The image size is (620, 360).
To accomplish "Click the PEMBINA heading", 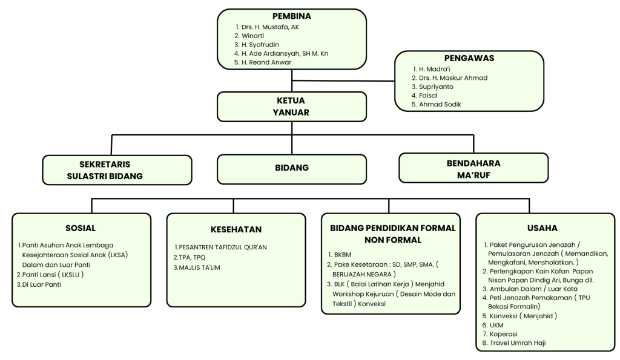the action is pyautogui.click(x=291, y=16).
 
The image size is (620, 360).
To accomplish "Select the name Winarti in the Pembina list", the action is pyautogui.click(x=252, y=36).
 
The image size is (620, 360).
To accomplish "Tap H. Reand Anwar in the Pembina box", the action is pyautogui.click(x=266, y=62).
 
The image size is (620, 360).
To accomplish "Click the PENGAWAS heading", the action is pyautogui.click(x=469, y=58).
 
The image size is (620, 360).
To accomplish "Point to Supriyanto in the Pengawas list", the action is pyautogui.click(x=436, y=87).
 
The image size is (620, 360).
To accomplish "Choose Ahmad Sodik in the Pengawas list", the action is pyautogui.click(x=440, y=104).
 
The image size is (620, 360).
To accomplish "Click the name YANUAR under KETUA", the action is pyautogui.click(x=291, y=112).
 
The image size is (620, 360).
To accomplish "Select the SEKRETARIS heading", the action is pyautogui.click(x=105, y=165).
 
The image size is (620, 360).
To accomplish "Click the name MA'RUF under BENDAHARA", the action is pyautogui.click(x=473, y=175).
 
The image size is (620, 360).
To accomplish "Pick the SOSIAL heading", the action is pyautogui.click(x=81, y=228).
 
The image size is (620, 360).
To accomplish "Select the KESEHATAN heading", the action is pyautogui.click(x=236, y=229).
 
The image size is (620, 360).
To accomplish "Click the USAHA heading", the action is pyautogui.click(x=542, y=228).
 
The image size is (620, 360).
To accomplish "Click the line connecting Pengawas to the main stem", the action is pyautogui.click(x=343, y=80).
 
